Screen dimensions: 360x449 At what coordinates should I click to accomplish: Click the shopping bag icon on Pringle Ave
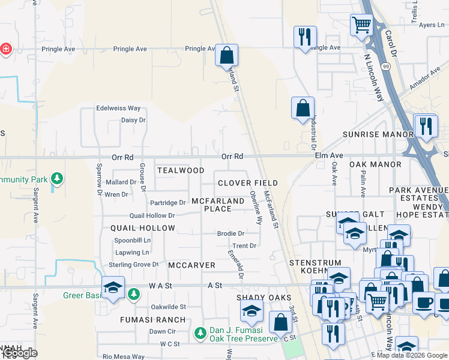(x=227, y=55)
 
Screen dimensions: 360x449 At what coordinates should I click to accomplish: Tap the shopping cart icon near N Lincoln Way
(x=361, y=25)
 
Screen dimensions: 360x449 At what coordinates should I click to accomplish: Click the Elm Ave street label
(x=328, y=155)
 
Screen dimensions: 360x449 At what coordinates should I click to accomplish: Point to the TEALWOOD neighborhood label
(x=181, y=170)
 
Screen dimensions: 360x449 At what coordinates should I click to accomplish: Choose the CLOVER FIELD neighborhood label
(x=248, y=182)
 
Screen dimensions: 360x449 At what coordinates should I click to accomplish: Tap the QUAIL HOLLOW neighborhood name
(x=143, y=228)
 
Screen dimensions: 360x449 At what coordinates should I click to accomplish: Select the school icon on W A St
(x=113, y=287)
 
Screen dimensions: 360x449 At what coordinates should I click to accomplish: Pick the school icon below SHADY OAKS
(x=252, y=311)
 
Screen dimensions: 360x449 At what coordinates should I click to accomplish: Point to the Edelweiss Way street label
(x=118, y=109)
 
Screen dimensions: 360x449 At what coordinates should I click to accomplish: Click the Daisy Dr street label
(x=133, y=120)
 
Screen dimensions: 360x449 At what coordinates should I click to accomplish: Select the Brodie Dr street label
(x=231, y=233)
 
